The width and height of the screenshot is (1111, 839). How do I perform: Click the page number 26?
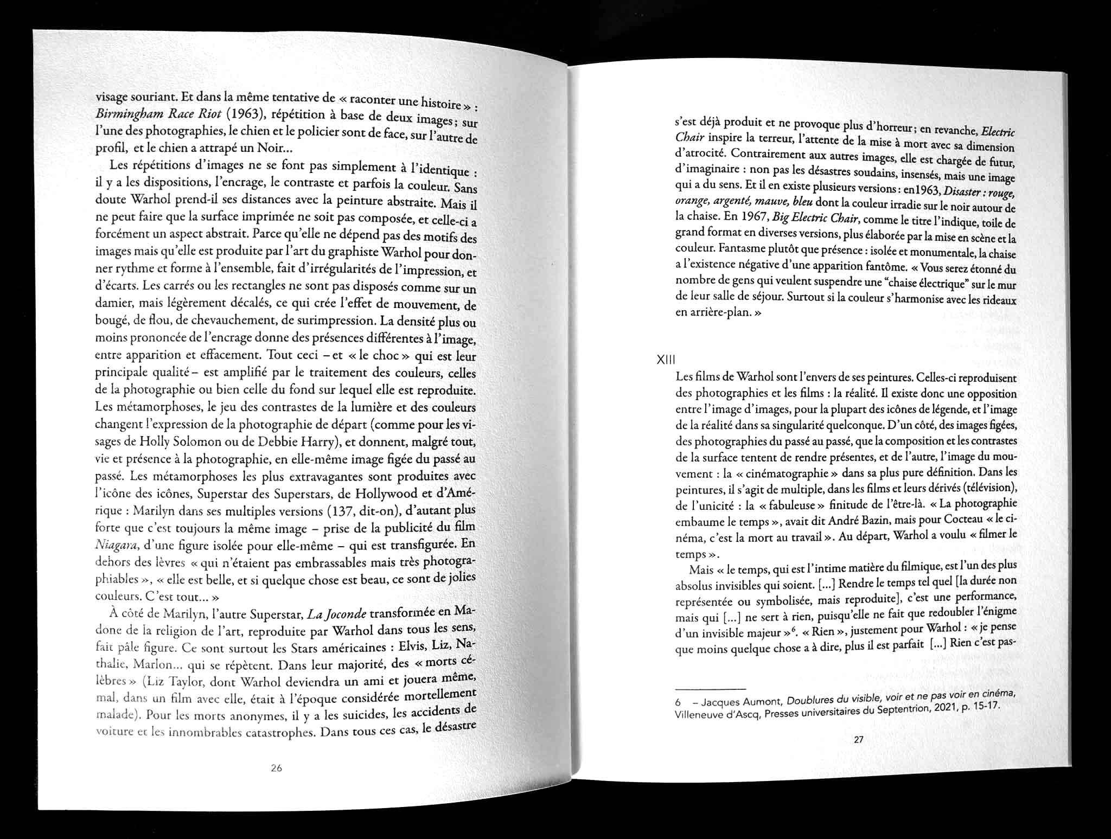click(x=276, y=768)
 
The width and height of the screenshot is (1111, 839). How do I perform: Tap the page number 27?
click(x=858, y=739)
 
